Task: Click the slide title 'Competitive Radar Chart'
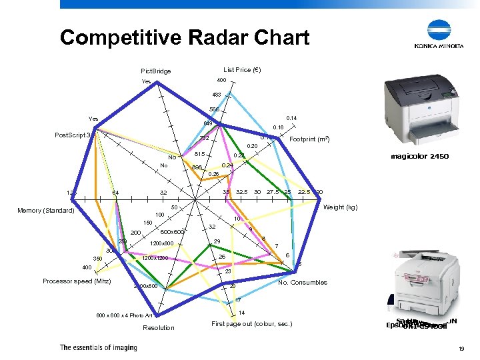point(184,37)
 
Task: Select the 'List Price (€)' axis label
point(241,69)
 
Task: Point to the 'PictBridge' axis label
point(155,71)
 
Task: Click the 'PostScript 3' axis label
point(73,135)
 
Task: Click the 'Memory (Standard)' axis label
point(45,211)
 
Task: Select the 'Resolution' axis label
point(159,327)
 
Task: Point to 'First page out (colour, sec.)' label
point(251,324)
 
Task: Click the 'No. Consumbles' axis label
point(302,282)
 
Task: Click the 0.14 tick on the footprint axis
point(291,118)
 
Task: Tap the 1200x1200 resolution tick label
point(158,258)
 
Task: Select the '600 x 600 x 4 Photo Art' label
point(125,315)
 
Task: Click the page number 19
point(461,348)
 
